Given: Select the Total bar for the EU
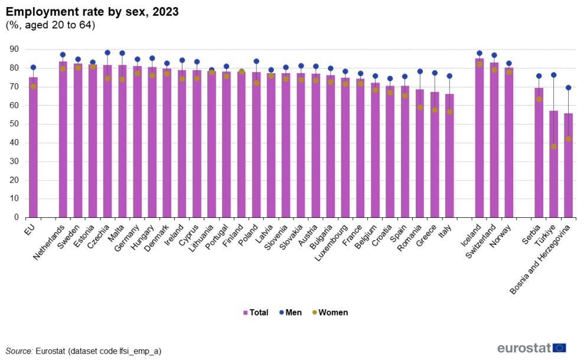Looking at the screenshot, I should pyautogui.click(x=33, y=148).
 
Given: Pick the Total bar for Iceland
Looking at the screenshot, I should pyautogui.click(x=479, y=138).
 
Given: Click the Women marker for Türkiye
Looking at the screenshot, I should pyautogui.click(x=553, y=147).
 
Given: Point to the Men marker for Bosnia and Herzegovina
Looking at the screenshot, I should pyautogui.click(x=568, y=87).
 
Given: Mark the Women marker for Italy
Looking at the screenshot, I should pyautogui.click(x=449, y=112).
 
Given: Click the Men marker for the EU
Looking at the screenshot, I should pyautogui.click(x=33, y=67).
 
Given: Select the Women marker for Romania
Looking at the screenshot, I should pyautogui.click(x=420, y=107).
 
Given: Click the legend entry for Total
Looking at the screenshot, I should pyautogui.click(x=255, y=313).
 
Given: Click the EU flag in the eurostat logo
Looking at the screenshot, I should pyautogui.click(x=559, y=348).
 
